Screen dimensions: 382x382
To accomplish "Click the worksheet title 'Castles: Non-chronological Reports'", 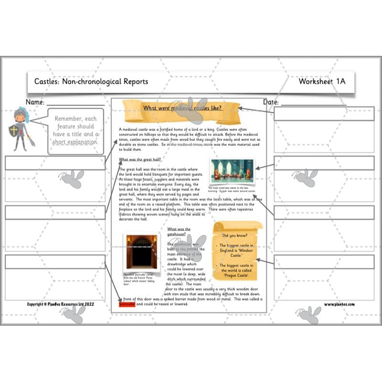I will pos(91,82).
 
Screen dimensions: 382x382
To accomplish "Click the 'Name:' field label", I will pos(35,102).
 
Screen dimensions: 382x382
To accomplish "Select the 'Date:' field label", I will pos(271,102).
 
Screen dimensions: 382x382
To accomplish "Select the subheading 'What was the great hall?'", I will pos(140,159).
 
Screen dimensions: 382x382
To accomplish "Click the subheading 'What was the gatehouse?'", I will pos(179,232).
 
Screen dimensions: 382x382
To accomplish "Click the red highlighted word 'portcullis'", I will pos(127,304).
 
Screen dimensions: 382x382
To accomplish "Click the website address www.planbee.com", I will pos(340,304).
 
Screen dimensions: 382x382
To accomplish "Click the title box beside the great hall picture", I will pos(323,163).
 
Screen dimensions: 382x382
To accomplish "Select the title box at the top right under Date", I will pos(323,114).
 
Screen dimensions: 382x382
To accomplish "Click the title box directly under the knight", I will pos(55,163).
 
